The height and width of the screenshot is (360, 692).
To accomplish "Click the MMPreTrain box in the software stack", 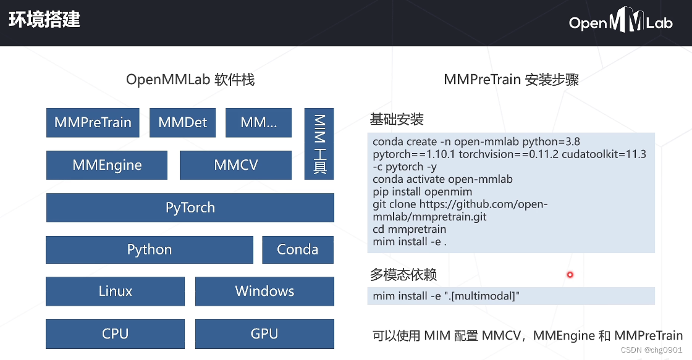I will [x=93, y=122].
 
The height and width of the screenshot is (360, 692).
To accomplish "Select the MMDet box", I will [x=182, y=122].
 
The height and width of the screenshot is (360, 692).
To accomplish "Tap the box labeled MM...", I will [x=258, y=122].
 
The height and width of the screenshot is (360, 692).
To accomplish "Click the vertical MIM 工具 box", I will [x=319, y=144].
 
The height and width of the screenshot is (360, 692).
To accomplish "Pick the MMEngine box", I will [x=107, y=165].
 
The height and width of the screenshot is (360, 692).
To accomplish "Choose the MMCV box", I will [x=235, y=165].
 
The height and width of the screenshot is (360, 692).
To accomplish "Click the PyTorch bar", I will [x=190, y=207].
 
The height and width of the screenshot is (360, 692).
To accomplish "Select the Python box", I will [x=150, y=249].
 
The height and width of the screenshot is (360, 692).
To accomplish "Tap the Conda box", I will [x=297, y=249].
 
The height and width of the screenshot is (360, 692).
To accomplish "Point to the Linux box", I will [x=115, y=291].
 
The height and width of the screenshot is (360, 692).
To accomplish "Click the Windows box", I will [x=264, y=291].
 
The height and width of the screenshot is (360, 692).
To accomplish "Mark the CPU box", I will [x=115, y=333].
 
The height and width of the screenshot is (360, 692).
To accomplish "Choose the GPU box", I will [x=264, y=333].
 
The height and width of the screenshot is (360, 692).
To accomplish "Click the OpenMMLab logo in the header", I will [x=620, y=23].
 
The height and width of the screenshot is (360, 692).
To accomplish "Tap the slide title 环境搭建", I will [x=44, y=20].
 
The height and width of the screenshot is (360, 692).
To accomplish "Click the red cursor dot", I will [x=570, y=275].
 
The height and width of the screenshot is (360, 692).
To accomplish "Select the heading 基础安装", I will [x=397, y=119].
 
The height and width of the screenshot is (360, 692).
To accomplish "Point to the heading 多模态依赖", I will [x=403, y=274].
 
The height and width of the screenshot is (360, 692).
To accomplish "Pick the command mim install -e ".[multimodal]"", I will [x=446, y=296].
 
